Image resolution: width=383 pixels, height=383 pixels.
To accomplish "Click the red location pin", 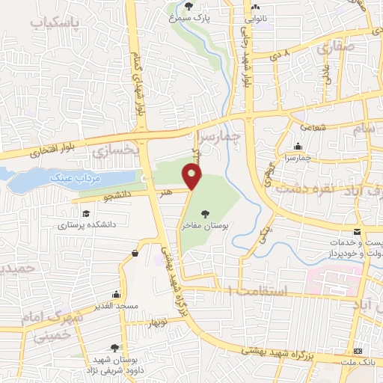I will [x=192, y=177].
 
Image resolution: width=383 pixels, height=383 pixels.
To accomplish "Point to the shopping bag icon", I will [x=135, y=254].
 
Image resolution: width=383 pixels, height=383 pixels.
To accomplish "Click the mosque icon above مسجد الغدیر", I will [x=115, y=294].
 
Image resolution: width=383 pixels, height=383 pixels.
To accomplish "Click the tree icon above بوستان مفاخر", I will [x=206, y=214].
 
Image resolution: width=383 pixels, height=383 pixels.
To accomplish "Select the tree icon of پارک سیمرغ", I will [x=189, y=6].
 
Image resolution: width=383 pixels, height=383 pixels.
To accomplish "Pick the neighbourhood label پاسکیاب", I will [x=54, y=24].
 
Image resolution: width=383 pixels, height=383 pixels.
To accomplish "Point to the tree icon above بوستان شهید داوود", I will [x=114, y=348].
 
